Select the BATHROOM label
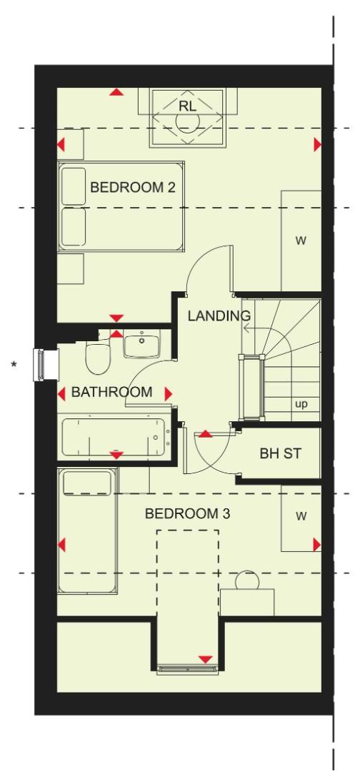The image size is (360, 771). (x=111, y=392)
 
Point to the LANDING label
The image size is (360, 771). (x=219, y=316)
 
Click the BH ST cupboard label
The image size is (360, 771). (x=278, y=454)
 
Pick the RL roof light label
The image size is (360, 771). (x=188, y=106)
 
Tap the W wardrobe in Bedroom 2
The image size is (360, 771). (x=301, y=241)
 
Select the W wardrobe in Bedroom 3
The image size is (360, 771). (x=300, y=516)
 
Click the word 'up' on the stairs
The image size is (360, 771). (x=301, y=405)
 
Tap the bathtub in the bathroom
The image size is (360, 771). (x=114, y=437)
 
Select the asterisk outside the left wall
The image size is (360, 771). (x=13, y=366)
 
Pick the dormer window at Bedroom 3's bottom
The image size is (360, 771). (x=187, y=669)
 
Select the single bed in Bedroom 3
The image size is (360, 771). (x=89, y=531)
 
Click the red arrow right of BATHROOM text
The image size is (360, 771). (x=169, y=393)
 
